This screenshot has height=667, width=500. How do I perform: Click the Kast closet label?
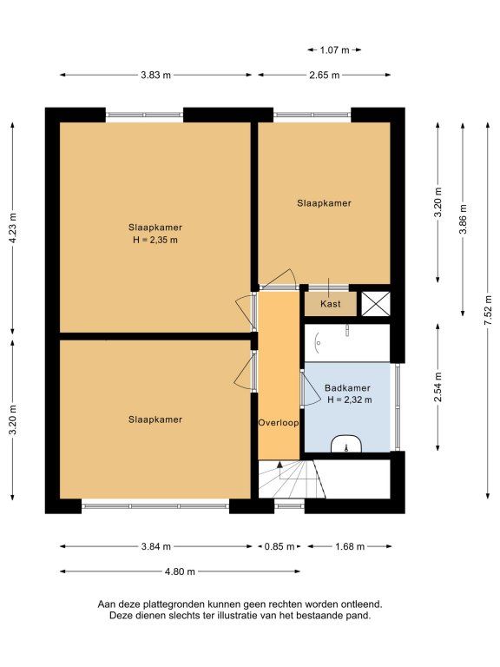[x=331, y=304]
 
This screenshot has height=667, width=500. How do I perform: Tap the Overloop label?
[x=279, y=423]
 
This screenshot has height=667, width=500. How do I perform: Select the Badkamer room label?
[x=347, y=388]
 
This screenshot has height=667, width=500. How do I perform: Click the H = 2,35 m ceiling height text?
[x=155, y=240]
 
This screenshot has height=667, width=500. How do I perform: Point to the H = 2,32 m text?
[x=350, y=400]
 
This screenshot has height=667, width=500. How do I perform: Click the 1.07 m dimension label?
[x=334, y=50]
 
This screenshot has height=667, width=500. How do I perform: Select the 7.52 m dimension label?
[x=488, y=310]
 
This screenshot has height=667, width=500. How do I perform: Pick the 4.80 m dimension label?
[x=180, y=571]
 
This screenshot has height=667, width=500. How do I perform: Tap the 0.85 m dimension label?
[x=280, y=546]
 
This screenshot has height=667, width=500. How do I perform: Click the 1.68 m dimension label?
[x=350, y=546]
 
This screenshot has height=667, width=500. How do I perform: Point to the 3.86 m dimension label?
[x=463, y=219]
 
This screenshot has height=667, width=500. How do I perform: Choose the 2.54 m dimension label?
[x=437, y=386]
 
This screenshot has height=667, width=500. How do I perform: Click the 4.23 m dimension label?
[x=13, y=228]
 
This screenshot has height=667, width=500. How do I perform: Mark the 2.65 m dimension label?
[x=325, y=76]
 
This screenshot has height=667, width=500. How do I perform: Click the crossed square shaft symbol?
[x=375, y=304]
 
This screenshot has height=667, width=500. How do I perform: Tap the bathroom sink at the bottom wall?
[x=346, y=444]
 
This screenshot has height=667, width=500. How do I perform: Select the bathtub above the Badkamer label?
[x=347, y=343]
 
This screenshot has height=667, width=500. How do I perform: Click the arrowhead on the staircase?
[x=280, y=464]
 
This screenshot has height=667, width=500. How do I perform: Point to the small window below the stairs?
[x=289, y=505]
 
